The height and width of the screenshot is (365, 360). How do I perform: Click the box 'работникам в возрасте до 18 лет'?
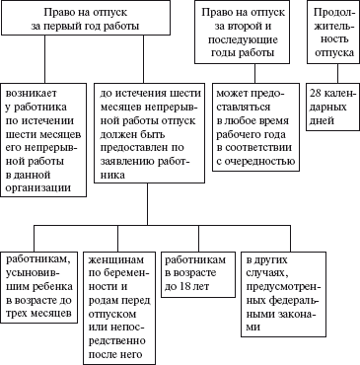point(194,271)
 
